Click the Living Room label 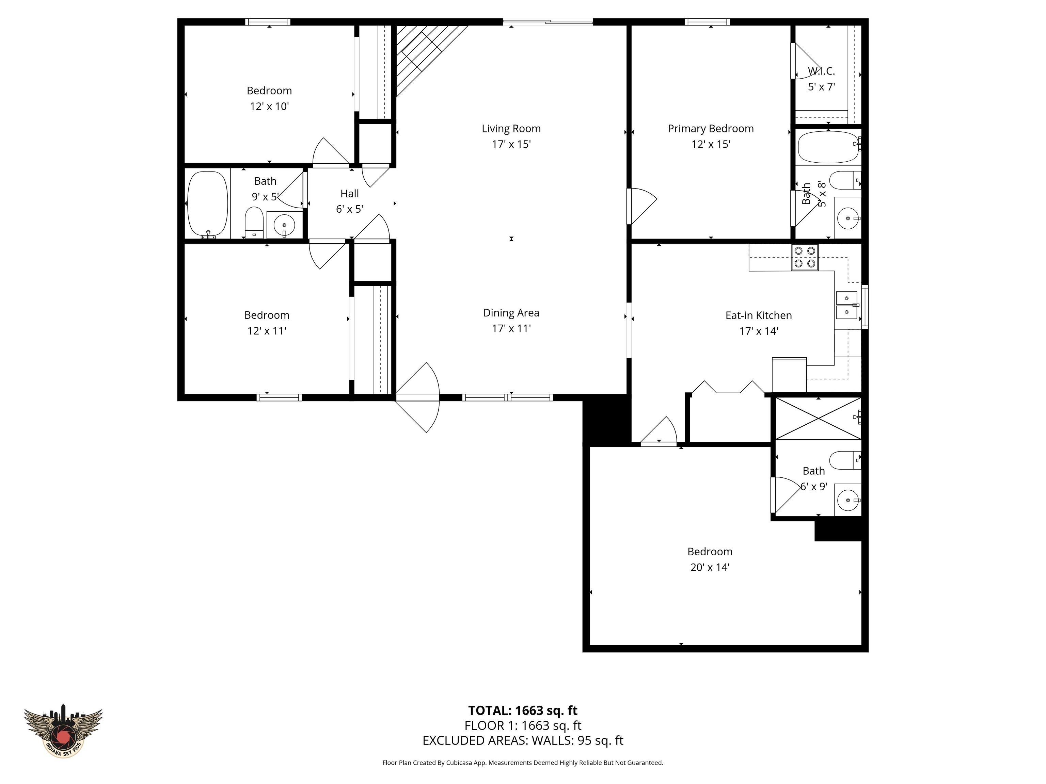tap(511, 129)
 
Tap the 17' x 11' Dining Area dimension tap(511, 328)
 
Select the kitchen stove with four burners tap(805, 257)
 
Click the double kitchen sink tap(846, 305)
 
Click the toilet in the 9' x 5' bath tap(254, 222)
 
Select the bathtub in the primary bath tap(827, 147)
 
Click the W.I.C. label tap(821, 71)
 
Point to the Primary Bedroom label tap(710, 129)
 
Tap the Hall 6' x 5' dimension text tap(349, 209)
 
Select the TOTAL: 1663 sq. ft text tap(523, 710)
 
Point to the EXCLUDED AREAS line tap(523, 740)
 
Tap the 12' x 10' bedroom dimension tap(269, 106)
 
